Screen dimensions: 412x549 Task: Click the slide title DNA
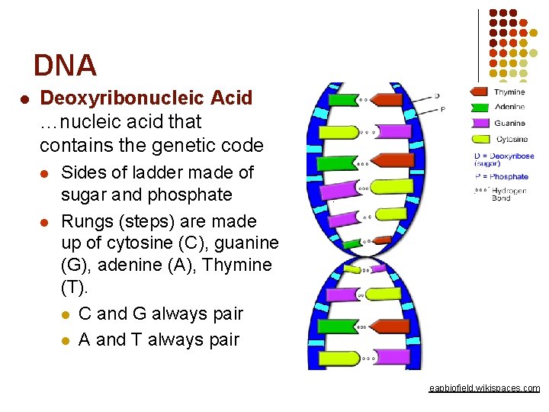[x=65, y=66]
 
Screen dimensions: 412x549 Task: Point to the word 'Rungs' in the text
[x=82, y=221]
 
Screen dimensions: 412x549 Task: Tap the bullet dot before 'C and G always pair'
[x=66, y=314]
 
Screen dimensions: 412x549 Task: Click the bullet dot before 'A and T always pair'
[x=66, y=340]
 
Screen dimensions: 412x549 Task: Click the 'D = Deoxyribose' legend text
[x=503, y=156]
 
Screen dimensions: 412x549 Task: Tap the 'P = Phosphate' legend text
[x=500, y=177]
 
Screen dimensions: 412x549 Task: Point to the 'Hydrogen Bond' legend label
[x=509, y=194]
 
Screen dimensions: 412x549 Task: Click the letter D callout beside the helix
[x=437, y=96]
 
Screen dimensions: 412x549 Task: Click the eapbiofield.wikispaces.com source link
[x=484, y=388]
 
